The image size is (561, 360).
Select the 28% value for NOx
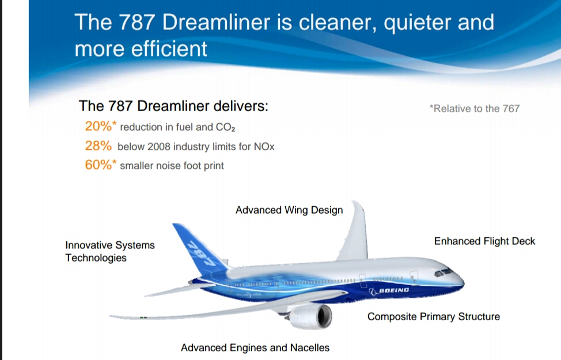pos(97,146)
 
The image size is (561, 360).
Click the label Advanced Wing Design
pos(289,210)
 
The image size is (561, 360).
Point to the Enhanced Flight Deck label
pos(484,241)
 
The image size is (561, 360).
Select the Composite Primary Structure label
pos(434,317)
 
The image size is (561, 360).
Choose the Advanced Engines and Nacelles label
pos(255,348)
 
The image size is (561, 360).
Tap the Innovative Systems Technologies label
pos(110,252)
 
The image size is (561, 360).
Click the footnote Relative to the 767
pos(475,108)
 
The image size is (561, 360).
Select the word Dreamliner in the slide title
pos(221,22)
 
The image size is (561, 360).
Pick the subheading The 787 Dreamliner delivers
pos(173,107)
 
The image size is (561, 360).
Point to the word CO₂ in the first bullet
pos(226,127)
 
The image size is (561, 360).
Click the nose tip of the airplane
pos(464,281)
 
